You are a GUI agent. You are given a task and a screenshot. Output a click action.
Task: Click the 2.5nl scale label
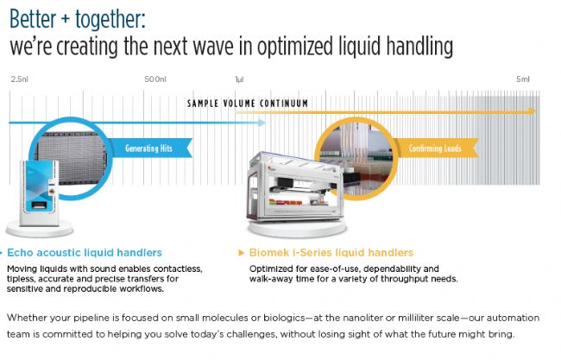tap(19, 79)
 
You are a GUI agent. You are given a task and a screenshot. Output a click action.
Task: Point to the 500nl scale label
tap(155, 79)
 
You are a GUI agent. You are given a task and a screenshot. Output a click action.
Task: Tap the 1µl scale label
tap(239, 79)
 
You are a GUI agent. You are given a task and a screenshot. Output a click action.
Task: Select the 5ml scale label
tap(523, 79)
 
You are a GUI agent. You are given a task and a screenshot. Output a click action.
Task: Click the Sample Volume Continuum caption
tap(248, 104)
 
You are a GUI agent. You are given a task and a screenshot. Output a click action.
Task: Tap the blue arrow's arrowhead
tap(262, 123)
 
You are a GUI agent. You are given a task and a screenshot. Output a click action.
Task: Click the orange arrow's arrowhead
tap(533, 111)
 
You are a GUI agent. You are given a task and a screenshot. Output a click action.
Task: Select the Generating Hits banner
tap(150, 148)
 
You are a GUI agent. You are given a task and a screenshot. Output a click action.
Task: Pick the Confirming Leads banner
tap(436, 148)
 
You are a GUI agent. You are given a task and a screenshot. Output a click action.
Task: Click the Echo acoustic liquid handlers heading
tap(85, 253)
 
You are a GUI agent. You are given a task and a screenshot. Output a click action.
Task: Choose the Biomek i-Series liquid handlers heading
tap(331, 253)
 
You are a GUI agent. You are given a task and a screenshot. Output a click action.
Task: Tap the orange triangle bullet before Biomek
tap(241, 253)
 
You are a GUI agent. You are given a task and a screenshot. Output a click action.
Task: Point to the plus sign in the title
tap(65, 19)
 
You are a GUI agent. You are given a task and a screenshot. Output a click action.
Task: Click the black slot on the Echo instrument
tap(39, 205)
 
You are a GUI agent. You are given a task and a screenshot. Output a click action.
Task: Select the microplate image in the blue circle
tap(72, 157)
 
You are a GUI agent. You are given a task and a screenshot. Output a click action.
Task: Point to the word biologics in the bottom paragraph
tap(285, 318)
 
